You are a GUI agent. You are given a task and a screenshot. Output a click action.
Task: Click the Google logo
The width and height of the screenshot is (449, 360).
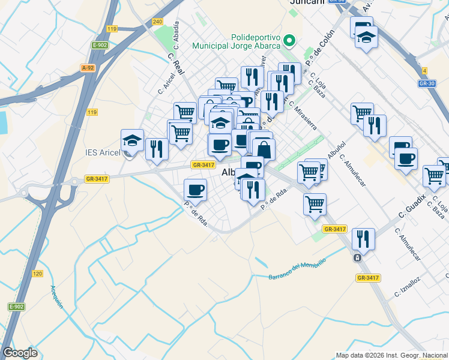point(20,353)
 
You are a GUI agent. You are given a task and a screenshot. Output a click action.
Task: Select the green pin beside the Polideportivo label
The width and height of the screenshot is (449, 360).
point(290,41)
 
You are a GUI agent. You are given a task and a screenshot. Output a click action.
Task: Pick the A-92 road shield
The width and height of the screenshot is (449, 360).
point(88,68)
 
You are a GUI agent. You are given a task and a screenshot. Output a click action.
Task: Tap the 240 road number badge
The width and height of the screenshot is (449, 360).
point(158,22)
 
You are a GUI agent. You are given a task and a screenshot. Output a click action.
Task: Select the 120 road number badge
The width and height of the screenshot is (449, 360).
point(37,274)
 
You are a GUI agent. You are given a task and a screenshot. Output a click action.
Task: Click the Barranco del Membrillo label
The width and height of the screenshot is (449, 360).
point(298,268)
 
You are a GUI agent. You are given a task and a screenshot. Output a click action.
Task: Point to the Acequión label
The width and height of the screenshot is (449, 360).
point(56,296)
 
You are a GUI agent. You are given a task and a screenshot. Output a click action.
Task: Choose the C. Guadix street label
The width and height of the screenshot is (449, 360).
point(412,206)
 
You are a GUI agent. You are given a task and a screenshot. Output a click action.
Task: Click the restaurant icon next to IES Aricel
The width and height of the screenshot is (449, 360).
point(157,149)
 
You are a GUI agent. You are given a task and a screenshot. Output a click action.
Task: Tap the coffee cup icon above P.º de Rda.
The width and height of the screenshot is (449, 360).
point(195,190)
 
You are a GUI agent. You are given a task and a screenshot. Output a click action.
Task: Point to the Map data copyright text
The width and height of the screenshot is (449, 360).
point(392,355)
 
